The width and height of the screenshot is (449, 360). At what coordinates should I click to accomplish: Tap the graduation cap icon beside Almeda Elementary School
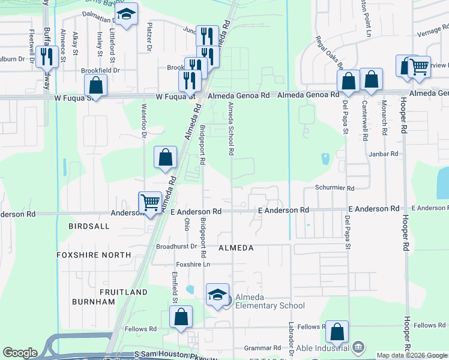click(x=217, y=294)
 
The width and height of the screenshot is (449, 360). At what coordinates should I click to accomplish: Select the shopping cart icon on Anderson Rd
click(x=149, y=202)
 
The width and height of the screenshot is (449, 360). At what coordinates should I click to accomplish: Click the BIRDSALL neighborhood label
click(x=89, y=226)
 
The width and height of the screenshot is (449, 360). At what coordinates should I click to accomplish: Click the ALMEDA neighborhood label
click(x=236, y=248)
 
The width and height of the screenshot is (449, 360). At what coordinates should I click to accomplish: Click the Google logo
click(x=20, y=353)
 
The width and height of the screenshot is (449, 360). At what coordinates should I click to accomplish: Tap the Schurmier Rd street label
click(x=334, y=188)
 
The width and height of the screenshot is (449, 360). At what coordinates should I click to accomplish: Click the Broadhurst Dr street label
click(x=176, y=247)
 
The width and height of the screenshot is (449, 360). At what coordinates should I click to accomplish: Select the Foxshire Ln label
click(x=193, y=265)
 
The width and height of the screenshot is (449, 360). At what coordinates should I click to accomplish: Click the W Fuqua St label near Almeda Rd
click(x=175, y=96)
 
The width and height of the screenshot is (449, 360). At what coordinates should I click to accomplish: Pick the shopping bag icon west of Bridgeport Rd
click(x=166, y=157)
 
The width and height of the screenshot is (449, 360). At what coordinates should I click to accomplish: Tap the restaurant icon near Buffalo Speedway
click(x=46, y=56)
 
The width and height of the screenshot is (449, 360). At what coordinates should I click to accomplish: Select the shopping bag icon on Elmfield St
click(x=181, y=317)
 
